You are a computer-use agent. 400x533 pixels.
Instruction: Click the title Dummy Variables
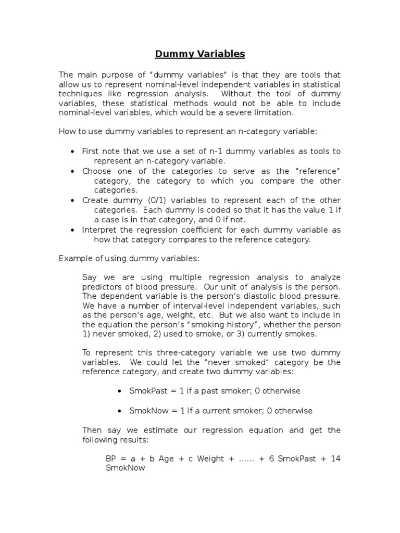[200, 54]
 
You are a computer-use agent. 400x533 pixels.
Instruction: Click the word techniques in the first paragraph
[79, 94]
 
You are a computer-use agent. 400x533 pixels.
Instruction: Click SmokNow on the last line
[125, 468]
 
